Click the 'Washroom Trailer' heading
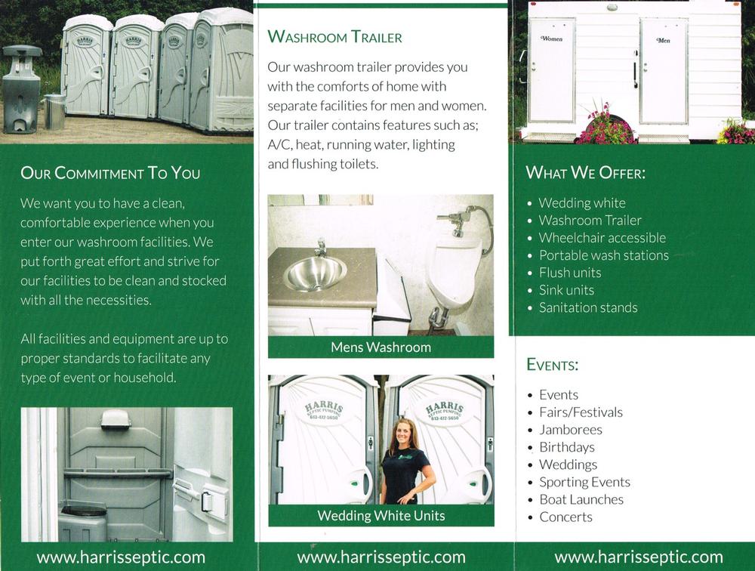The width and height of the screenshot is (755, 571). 334,36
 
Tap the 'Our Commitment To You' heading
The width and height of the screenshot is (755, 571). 110,173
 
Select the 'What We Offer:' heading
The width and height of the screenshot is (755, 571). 586,172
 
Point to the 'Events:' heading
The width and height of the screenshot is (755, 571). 553,364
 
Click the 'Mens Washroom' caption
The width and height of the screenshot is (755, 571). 381,347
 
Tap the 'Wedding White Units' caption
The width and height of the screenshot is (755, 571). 381,516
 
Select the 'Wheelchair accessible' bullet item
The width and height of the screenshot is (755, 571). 602,238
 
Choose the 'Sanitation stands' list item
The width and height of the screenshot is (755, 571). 588,307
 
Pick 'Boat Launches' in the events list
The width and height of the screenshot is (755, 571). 581,499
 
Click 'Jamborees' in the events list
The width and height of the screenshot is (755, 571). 571,429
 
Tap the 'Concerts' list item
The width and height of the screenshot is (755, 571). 565,517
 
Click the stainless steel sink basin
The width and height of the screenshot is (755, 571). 315,272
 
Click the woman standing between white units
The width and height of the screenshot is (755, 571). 405,462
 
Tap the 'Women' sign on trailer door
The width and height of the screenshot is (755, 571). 551,39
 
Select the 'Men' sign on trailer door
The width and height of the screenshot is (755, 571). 663,41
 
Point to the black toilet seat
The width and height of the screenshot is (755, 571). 83,509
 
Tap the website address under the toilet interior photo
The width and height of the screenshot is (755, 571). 121,557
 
